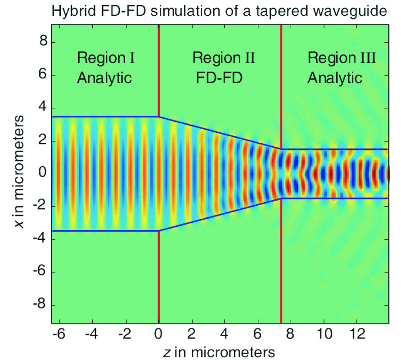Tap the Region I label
tap(106, 58)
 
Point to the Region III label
tap(342, 58)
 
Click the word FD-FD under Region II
tap(220, 78)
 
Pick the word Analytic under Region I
tap(104, 78)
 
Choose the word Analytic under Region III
tap(335, 78)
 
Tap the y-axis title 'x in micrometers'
tap(18, 173)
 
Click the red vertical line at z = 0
tap(158, 279)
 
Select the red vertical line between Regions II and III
tap(281, 279)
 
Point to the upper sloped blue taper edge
tap(220, 133)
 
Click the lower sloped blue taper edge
tap(220, 214)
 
